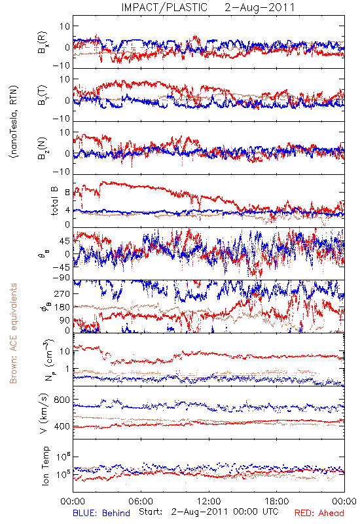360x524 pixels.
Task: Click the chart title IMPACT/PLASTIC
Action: pos(164,7)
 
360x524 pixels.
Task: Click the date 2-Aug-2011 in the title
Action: pos(260,7)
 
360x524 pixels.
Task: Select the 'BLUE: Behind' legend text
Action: pos(101,513)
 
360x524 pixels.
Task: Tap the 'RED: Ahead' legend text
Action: pos(319,513)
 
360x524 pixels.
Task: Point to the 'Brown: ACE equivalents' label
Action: pos(13,333)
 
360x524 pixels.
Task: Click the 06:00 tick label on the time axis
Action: pos(141,501)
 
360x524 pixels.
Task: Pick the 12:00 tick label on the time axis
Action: pos(209,501)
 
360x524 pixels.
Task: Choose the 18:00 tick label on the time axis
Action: pos(277,501)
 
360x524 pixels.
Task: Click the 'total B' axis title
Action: pos(54,201)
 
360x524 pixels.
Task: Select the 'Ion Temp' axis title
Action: pos(45,466)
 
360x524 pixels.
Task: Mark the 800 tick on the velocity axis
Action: pos(62,400)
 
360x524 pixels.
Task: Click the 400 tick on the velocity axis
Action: pos(62,427)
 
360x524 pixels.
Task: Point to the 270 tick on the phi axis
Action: pos(62,293)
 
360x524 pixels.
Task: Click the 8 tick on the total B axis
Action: pos(67,193)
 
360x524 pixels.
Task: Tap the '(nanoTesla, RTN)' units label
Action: pos(13,122)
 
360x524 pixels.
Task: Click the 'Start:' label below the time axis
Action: pos(151,512)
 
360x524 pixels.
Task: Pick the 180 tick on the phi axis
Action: pos(62,307)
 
